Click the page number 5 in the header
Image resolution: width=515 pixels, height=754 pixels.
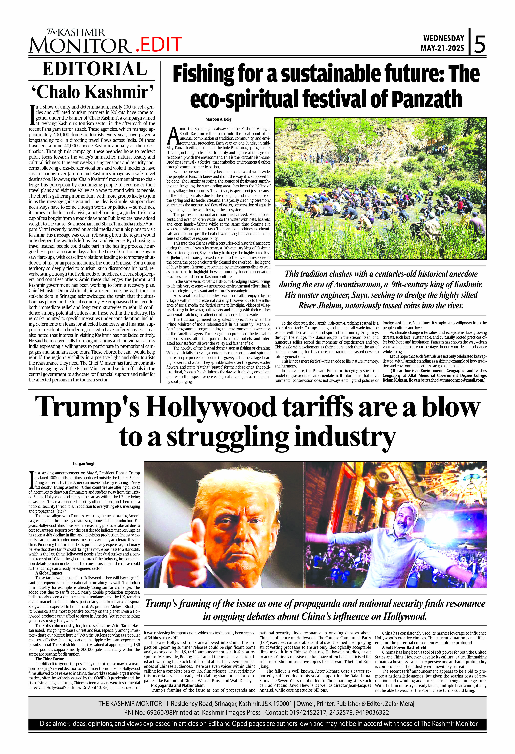pos(480,45)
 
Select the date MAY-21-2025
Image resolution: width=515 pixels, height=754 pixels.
pos(442,49)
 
